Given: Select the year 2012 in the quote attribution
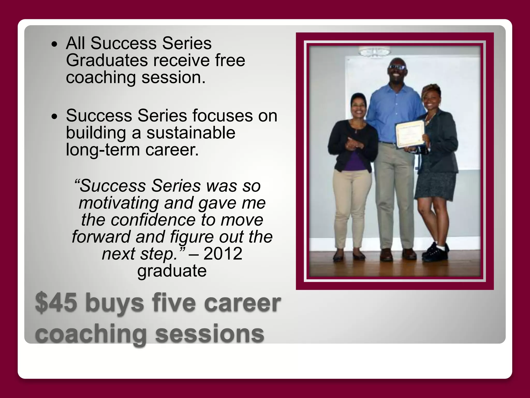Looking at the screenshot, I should pyautogui.click(x=223, y=254).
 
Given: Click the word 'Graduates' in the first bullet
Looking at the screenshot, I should pyautogui.click(x=107, y=60).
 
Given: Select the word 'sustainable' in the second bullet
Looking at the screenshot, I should pyautogui.click(x=191, y=133).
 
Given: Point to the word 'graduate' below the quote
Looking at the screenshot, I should pyautogui.click(x=172, y=271).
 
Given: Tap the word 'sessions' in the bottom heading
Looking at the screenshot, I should pyautogui.click(x=209, y=334).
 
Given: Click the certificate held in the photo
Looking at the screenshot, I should pyautogui.click(x=410, y=134).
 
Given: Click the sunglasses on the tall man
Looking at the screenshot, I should pyautogui.click(x=397, y=67).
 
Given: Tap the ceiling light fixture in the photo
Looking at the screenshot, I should pyautogui.click(x=374, y=52).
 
